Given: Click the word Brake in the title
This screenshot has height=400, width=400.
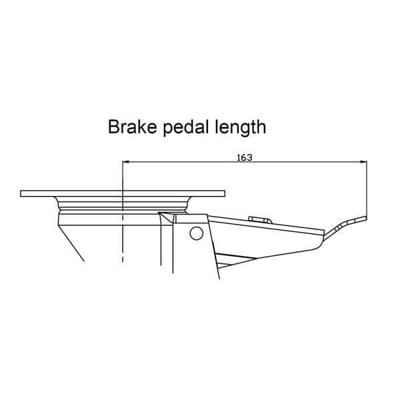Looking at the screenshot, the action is [x=132, y=127].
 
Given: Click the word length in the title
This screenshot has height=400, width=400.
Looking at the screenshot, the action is [x=241, y=128].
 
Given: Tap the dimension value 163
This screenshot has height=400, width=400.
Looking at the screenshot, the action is [x=245, y=157].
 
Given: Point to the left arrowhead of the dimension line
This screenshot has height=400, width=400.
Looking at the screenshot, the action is [x=125, y=161].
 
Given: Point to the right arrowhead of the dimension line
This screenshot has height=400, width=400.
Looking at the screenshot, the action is [x=364, y=161].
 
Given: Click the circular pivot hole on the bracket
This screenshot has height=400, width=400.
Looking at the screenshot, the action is [x=197, y=233].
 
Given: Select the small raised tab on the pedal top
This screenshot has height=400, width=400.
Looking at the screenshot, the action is [x=260, y=219].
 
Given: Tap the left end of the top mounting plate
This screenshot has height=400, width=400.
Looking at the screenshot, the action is [x=21, y=193].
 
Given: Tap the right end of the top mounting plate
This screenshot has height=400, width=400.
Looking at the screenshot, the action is [x=224, y=193].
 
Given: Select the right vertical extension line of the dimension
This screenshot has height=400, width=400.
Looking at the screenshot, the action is [x=367, y=189].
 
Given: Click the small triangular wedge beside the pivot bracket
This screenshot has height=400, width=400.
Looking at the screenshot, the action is [x=167, y=217].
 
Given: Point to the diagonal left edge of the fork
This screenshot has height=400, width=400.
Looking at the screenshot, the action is [x=71, y=243].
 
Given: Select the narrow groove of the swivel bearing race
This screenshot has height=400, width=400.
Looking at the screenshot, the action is [x=123, y=211].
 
